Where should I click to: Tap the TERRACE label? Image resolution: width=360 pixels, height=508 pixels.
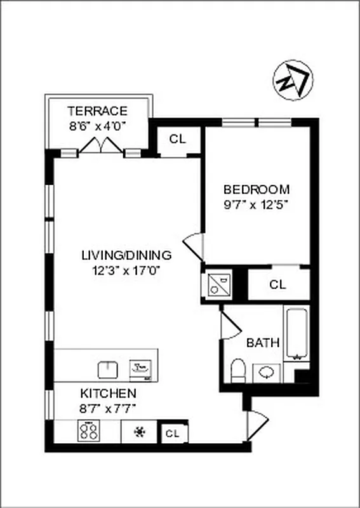98,110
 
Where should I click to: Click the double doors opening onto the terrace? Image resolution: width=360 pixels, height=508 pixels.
101,145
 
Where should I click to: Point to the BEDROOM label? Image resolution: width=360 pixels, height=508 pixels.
257,189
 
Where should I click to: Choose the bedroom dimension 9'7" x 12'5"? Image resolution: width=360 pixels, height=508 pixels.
257,204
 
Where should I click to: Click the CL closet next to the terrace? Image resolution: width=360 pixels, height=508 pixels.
178,139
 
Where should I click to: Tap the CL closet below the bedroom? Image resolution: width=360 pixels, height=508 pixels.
277,284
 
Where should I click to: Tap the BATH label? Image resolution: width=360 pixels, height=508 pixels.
263,343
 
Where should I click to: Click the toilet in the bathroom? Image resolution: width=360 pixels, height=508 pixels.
238,371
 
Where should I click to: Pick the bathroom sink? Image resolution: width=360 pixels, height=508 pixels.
267,372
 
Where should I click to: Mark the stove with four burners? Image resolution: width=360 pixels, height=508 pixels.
89,432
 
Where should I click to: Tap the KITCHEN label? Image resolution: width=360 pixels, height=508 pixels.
107,393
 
